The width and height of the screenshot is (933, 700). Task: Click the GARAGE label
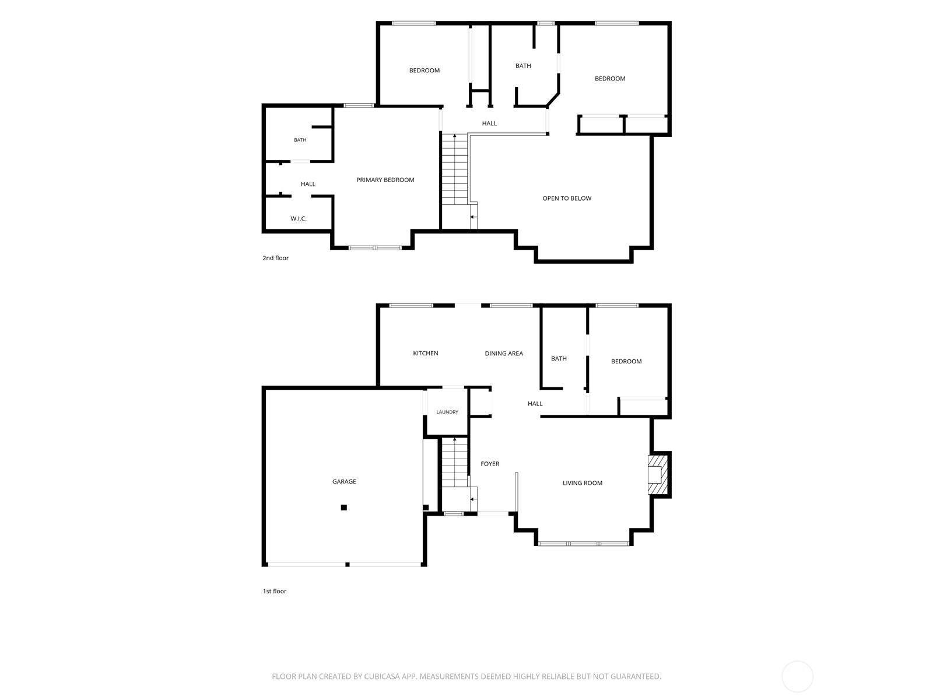[x=344, y=481]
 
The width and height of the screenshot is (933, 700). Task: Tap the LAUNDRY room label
[x=447, y=412]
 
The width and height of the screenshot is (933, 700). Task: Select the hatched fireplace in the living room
[x=658, y=474]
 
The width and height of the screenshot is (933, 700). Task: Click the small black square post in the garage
[x=344, y=507]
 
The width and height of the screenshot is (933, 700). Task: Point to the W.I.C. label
[x=299, y=218]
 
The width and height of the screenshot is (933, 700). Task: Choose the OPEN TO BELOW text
[x=567, y=198]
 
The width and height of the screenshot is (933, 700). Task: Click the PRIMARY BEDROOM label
[x=385, y=180]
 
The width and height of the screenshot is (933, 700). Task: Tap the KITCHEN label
[x=426, y=353]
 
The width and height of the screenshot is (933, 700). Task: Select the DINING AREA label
[x=504, y=353]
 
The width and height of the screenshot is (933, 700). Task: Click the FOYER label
[x=490, y=464]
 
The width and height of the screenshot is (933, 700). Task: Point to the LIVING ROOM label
[x=583, y=483]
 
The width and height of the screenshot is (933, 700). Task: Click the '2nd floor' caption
[x=275, y=258]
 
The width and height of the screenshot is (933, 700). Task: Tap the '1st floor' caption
[x=274, y=591]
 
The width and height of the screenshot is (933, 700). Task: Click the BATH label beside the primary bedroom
[x=300, y=140]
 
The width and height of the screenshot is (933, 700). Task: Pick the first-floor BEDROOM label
[x=626, y=361]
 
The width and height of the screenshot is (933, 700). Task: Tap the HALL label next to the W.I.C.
[x=308, y=184]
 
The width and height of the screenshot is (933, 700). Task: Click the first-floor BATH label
[x=559, y=359]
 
